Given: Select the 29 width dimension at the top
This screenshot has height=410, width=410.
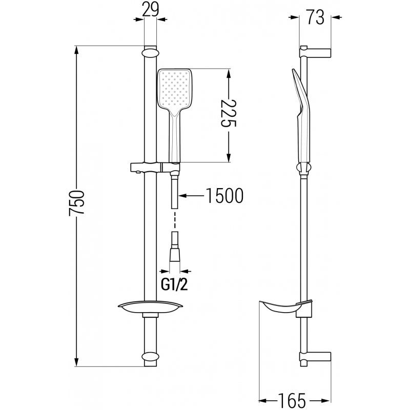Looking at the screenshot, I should point(150,9).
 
